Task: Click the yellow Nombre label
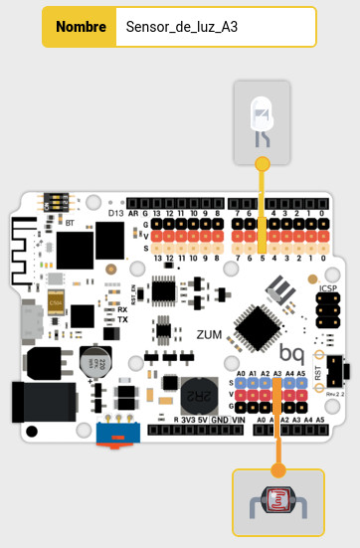81,28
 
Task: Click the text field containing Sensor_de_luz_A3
215,28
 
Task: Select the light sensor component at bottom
278,508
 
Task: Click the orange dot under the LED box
263,162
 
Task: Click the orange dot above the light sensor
278,466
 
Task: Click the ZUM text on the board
209,335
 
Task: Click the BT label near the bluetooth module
70,225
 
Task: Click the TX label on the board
123,320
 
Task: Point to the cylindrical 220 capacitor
95,359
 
